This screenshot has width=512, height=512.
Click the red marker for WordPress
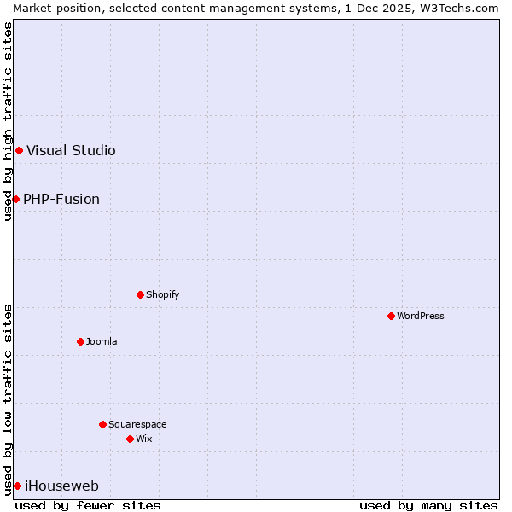(391, 316)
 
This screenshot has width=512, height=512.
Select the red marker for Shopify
(140, 294)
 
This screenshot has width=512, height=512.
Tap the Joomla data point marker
(80, 341)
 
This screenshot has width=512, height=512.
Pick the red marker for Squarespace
(102, 424)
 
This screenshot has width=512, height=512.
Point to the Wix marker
(130, 439)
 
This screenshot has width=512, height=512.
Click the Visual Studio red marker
(19, 151)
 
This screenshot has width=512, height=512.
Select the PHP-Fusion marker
(15, 199)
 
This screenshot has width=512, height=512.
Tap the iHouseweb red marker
(17, 486)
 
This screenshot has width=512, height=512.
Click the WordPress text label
(421, 316)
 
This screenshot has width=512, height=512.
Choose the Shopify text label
(162, 294)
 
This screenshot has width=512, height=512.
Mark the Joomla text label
(102, 341)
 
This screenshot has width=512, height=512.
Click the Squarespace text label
(137, 424)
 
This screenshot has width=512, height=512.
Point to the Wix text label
(144, 439)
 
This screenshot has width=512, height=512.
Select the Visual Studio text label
(71, 151)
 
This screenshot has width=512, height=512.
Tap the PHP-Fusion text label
(61, 199)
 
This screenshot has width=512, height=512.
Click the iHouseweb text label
(61, 486)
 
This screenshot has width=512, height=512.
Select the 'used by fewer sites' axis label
(88, 505)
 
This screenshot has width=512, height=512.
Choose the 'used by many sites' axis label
(428, 505)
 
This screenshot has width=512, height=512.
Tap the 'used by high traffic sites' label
(8, 121)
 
